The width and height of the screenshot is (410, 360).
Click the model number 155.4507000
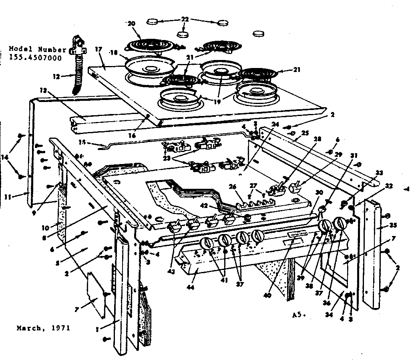(x=35, y=58)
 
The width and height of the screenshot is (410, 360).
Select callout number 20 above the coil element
(x=131, y=24)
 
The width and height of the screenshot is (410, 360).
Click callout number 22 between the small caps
(x=185, y=19)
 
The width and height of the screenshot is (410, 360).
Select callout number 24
(x=274, y=124)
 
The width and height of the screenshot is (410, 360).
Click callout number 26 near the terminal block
(x=233, y=186)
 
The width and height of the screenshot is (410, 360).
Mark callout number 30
(x=319, y=192)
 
